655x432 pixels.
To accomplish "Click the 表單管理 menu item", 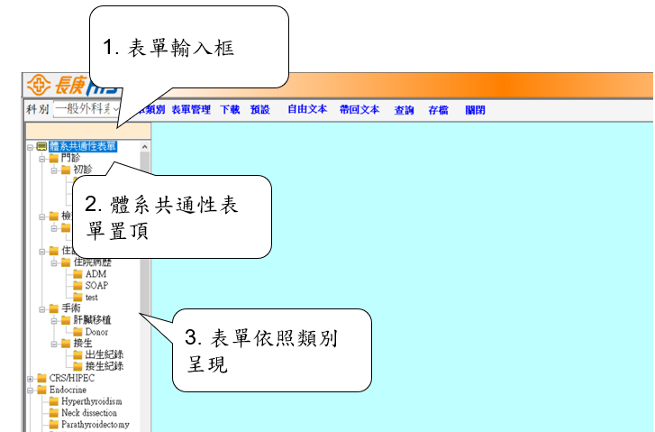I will point(191,110).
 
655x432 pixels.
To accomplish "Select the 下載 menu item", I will point(230,110).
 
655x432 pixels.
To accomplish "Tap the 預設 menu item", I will point(260,110).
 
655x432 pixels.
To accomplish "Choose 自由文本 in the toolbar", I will point(307,110).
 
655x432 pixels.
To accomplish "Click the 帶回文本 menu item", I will point(359,110).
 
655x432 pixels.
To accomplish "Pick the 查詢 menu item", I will point(405,110).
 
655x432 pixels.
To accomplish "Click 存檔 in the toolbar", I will point(439,110).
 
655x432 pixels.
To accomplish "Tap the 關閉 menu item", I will point(476,110).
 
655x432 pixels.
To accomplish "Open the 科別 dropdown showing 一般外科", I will point(87,110).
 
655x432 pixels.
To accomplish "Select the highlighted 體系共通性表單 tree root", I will point(83,146).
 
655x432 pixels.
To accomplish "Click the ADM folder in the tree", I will point(96,273).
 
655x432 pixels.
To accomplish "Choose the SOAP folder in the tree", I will point(96,285).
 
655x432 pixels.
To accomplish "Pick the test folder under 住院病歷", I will point(91,297).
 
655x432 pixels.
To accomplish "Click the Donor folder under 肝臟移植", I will point(96,332).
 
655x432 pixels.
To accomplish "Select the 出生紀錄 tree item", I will point(104,354).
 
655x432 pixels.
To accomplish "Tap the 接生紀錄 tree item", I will point(104,366).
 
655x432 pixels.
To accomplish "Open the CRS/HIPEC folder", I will point(73,378).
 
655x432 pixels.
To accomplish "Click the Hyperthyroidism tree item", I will point(91,401).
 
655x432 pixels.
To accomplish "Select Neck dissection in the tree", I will point(88,413).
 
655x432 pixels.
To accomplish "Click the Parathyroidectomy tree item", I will point(96,425).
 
